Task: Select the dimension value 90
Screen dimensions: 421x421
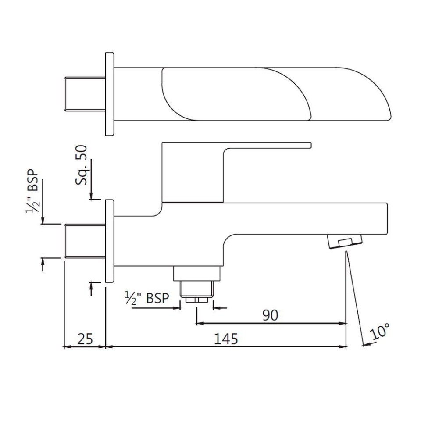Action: pyautogui.click(x=270, y=315)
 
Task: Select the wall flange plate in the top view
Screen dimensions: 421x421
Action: pyautogui.click(x=110, y=94)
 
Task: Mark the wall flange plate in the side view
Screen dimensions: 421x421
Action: pyautogui.click(x=110, y=241)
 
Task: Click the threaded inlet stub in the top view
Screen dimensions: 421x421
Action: pyautogui.click(x=85, y=94)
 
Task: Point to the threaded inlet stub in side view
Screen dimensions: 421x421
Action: pyautogui.click(x=85, y=241)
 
